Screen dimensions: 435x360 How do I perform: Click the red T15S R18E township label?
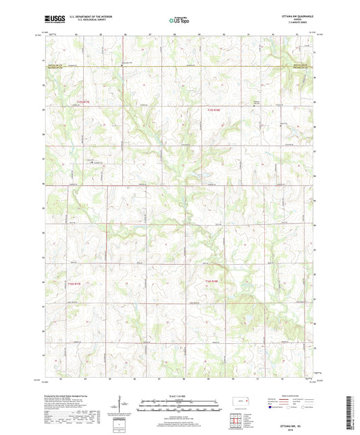(213, 109)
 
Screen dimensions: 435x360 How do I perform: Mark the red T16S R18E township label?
(212, 281)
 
